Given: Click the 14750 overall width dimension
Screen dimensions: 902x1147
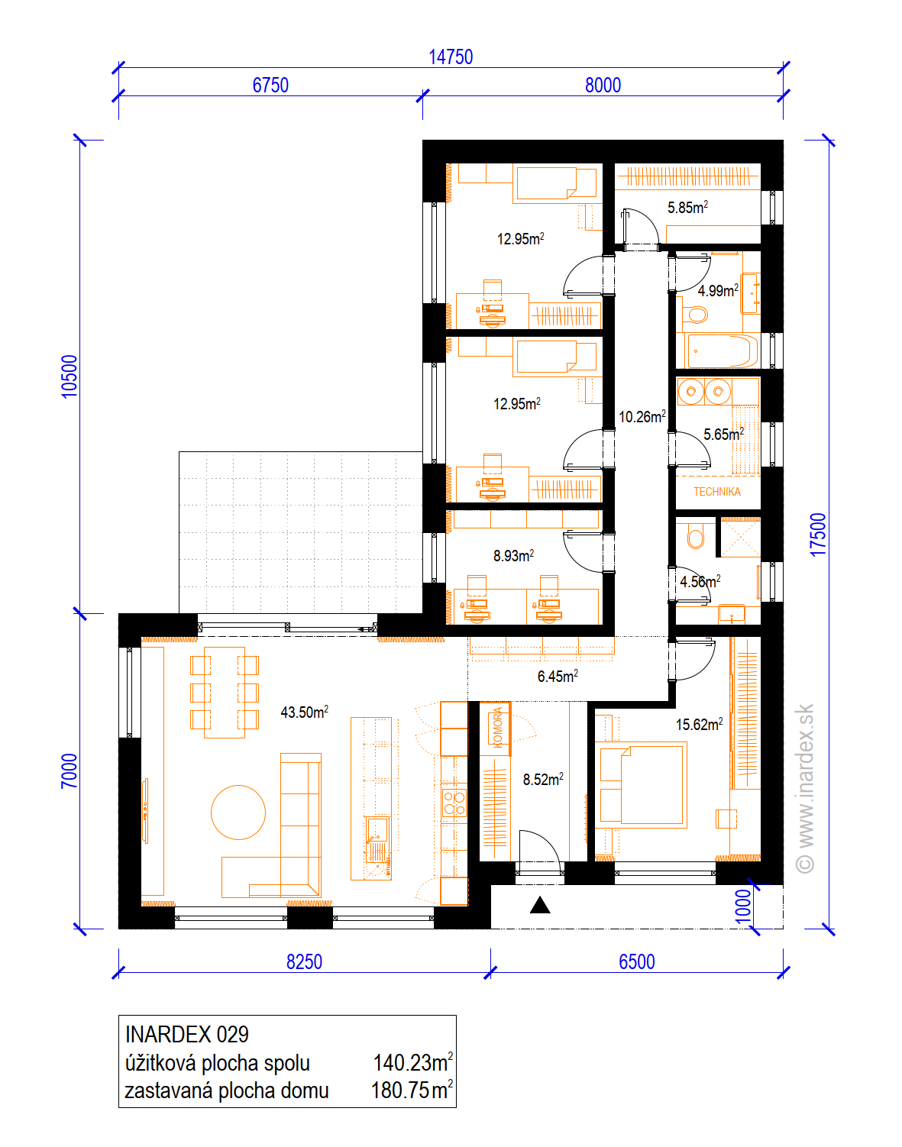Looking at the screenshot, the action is coord(451,57).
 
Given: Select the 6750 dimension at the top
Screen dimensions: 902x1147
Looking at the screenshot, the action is coord(270,86).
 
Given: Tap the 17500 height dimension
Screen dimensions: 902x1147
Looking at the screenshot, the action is coord(818,535).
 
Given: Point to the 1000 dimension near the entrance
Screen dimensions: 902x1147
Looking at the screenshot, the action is coord(742,906).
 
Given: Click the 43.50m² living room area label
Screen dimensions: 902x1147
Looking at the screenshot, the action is coord(305,712).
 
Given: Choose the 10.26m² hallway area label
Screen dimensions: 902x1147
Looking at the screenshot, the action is coord(642,416).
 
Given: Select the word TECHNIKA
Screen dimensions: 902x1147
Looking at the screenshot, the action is coord(717,492).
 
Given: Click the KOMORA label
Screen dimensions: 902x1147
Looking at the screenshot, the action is coord(497,728).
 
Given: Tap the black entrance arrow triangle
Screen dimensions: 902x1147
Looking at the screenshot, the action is coord(540,905).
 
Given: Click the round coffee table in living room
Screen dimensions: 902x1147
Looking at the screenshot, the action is coord(238,813).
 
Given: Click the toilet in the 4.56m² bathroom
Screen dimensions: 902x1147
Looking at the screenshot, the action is coord(696,535).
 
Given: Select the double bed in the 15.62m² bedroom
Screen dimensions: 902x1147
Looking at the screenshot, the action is coord(644,784).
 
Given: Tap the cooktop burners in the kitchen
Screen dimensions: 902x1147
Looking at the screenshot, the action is coord(454,803).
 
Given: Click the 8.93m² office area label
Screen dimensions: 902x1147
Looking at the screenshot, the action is coord(513,556).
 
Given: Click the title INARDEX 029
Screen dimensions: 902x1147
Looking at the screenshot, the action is coord(187,1034).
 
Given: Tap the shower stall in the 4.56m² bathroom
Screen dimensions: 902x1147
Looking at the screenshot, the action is coord(739,538).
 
